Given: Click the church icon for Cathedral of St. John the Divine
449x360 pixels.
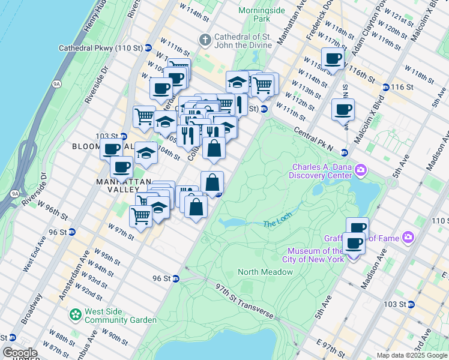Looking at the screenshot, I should [205, 40].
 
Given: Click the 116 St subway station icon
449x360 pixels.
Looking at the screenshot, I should [385, 87].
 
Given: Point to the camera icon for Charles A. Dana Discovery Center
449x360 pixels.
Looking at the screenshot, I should [360, 170].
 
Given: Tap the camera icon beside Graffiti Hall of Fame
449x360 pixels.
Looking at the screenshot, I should [408, 238].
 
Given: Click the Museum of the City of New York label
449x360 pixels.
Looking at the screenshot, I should [316, 255].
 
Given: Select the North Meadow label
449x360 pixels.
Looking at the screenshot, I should [265, 272].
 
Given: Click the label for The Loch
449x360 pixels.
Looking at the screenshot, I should [277, 224].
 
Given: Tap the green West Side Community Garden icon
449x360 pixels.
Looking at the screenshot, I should [75, 314].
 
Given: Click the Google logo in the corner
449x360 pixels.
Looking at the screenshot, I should [20, 353].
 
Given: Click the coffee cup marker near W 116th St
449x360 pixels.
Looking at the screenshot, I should [333, 59].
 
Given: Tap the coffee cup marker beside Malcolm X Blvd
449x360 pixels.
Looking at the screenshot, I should [343, 110].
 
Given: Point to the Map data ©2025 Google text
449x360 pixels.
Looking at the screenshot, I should [412, 355].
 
